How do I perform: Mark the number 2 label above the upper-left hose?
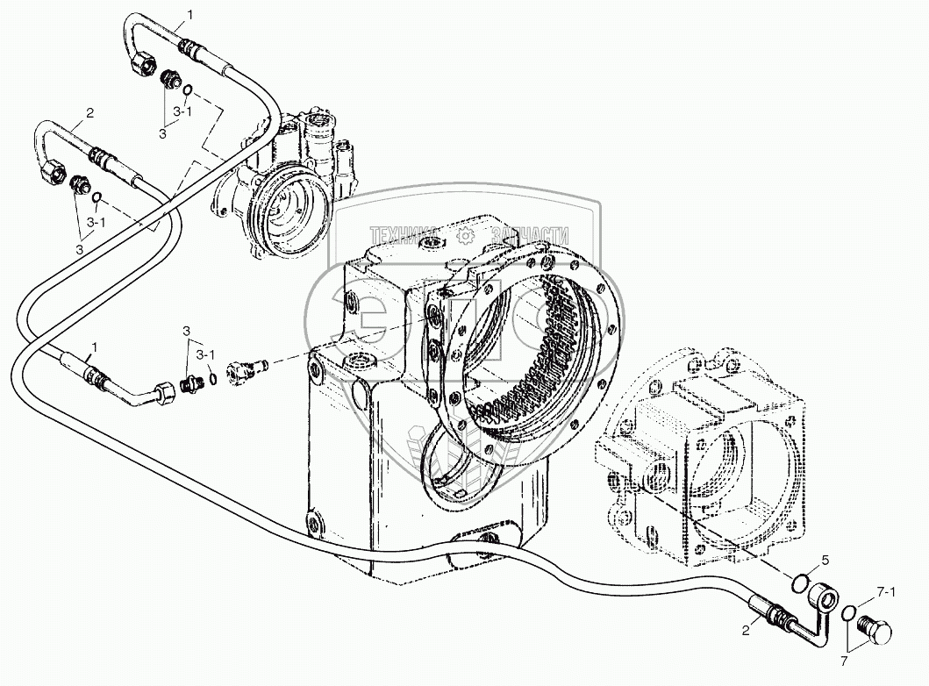tap(89, 112)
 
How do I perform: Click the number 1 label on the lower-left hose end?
tap(91, 350)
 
